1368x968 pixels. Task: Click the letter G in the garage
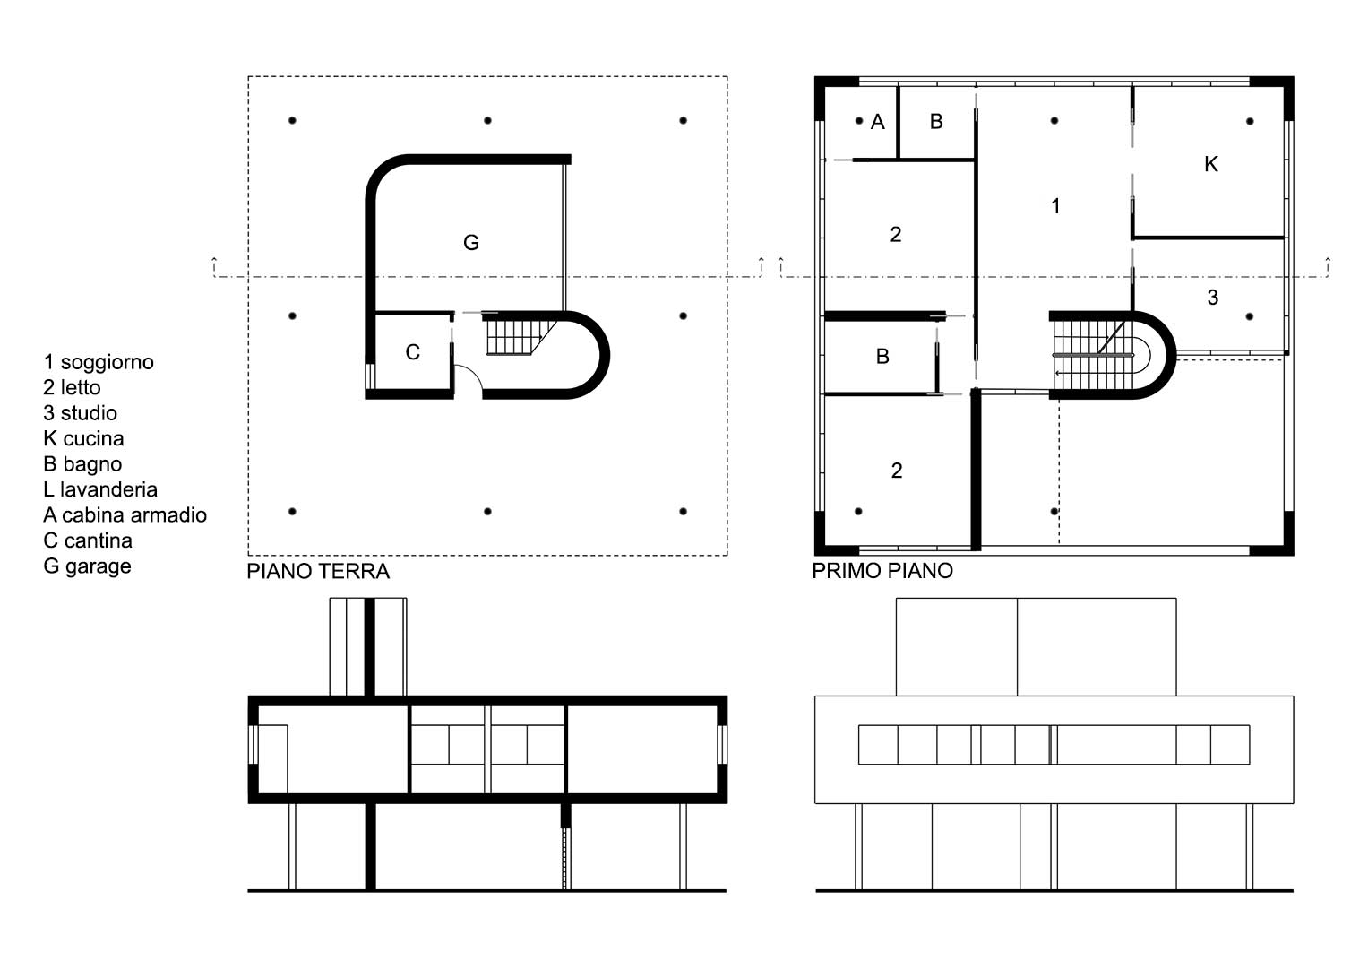pyautogui.click(x=471, y=243)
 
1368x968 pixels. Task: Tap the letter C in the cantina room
pyautogui.click(x=412, y=352)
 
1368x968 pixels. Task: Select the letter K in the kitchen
pyautogui.click(x=1211, y=164)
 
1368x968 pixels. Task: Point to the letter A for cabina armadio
pyautogui.click(x=878, y=122)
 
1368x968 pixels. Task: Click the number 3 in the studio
pyautogui.click(x=1213, y=297)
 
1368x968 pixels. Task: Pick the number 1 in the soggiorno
pyautogui.click(x=1055, y=206)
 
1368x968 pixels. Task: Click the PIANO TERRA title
pyautogui.click(x=317, y=572)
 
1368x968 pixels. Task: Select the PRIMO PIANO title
pyautogui.click(x=882, y=571)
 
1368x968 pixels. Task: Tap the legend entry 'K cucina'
pyautogui.click(x=83, y=439)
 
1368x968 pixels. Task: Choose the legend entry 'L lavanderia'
pyautogui.click(x=100, y=489)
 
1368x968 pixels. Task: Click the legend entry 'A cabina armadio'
pyautogui.click(x=125, y=515)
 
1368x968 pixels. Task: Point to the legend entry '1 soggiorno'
pyautogui.click(x=99, y=362)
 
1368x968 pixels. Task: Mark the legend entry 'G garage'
pyautogui.click(x=87, y=566)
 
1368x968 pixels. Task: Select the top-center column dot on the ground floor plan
pyautogui.click(x=487, y=120)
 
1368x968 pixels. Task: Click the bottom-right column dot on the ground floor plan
pyautogui.click(x=683, y=511)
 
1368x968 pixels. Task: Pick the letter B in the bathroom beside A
pyautogui.click(x=936, y=122)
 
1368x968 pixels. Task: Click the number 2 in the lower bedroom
pyautogui.click(x=897, y=470)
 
